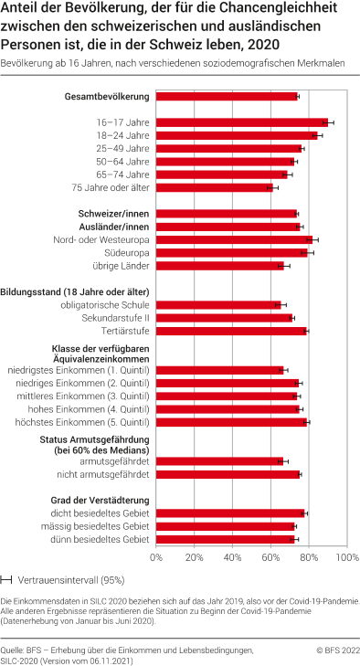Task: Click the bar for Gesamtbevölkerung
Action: pos(227,96)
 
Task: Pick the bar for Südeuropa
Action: pos(232,252)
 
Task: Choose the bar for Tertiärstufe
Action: pos(231,331)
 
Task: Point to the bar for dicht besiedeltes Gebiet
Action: pos(229,513)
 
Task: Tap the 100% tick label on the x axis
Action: pos(344,556)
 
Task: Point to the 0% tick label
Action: pos(156,556)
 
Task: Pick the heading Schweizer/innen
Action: pos(111,213)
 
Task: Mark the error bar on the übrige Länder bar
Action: pos(284,266)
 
